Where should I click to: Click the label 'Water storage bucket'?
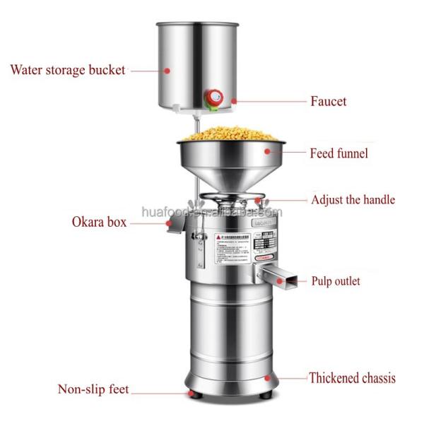(67, 70)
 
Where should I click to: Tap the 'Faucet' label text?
(329, 102)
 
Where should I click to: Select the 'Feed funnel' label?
(338, 153)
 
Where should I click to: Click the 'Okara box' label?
(98, 222)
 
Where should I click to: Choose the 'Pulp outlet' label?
(336, 281)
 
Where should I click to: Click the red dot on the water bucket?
(167, 69)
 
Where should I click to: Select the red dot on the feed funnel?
(267, 151)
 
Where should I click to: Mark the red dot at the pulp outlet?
(285, 281)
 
